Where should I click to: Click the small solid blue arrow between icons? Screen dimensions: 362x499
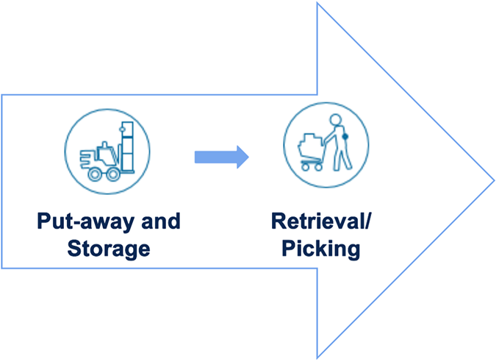click(221, 156)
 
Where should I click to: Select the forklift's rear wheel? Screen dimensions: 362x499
click(95, 174)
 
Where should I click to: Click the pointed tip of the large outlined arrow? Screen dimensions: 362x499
click(492, 180)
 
